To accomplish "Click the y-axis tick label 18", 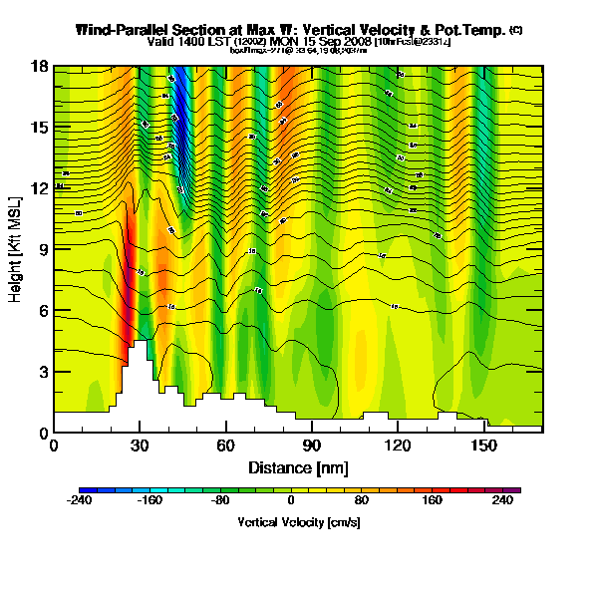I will click(40, 66).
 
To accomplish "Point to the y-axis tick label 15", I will click(40, 127).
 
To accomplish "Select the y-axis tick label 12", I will click(40, 188).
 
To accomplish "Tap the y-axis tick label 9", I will click(43, 249).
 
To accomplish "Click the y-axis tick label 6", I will click(43, 310).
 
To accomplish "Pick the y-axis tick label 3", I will click(43, 372).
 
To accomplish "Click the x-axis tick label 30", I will click(140, 446).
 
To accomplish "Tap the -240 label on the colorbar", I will click(79, 502).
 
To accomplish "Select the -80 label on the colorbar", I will click(220, 502).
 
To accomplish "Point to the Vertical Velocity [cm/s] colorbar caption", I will click(298, 521).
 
